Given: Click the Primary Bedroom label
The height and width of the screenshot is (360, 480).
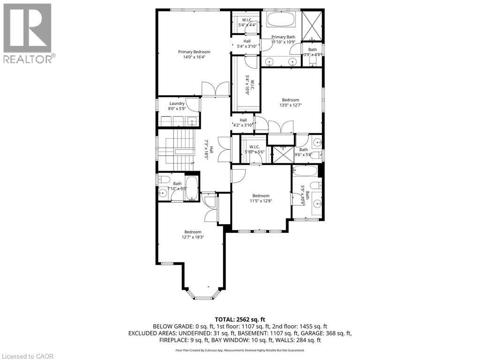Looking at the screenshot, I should [194, 52].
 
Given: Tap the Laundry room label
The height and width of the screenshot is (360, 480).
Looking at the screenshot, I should [177, 104].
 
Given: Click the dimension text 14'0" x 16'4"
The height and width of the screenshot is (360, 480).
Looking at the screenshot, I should [194, 57].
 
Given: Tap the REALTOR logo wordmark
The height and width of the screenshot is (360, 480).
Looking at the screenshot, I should [29, 59].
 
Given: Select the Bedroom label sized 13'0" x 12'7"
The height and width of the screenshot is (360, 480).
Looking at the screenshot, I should [290, 100].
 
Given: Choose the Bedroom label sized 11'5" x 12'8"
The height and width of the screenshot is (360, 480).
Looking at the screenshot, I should [261, 195].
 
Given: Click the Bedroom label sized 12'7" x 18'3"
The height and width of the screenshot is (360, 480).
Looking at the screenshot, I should [193, 232].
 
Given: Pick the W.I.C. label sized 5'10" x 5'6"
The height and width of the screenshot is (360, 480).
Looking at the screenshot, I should [255, 147].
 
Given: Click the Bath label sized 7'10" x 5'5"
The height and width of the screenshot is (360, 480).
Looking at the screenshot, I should [177, 184].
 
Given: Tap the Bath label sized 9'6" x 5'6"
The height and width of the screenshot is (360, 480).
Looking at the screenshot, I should [304, 150].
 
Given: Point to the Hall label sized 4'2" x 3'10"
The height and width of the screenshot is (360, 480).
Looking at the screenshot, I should [243, 120].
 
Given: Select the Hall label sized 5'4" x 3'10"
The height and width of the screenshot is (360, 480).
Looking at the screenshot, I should [247, 41].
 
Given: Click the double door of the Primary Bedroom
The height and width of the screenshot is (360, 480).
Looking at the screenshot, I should [216, 89].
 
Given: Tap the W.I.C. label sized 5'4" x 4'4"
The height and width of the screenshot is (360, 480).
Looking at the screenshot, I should [247, 20].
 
